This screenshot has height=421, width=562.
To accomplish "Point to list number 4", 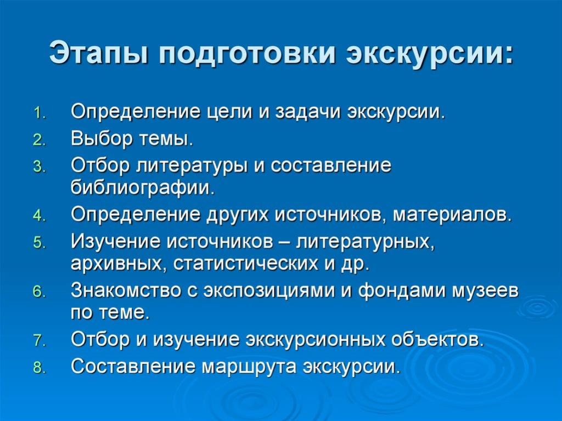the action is coord(40,216).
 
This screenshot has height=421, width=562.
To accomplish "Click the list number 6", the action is coord(40,292).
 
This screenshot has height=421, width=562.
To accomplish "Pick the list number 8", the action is coord(40,368).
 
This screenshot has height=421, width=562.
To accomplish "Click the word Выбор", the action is coord(102,139).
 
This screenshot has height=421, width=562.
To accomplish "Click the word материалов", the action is coord(451,215).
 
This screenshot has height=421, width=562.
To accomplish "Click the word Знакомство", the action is coord(126,291).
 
